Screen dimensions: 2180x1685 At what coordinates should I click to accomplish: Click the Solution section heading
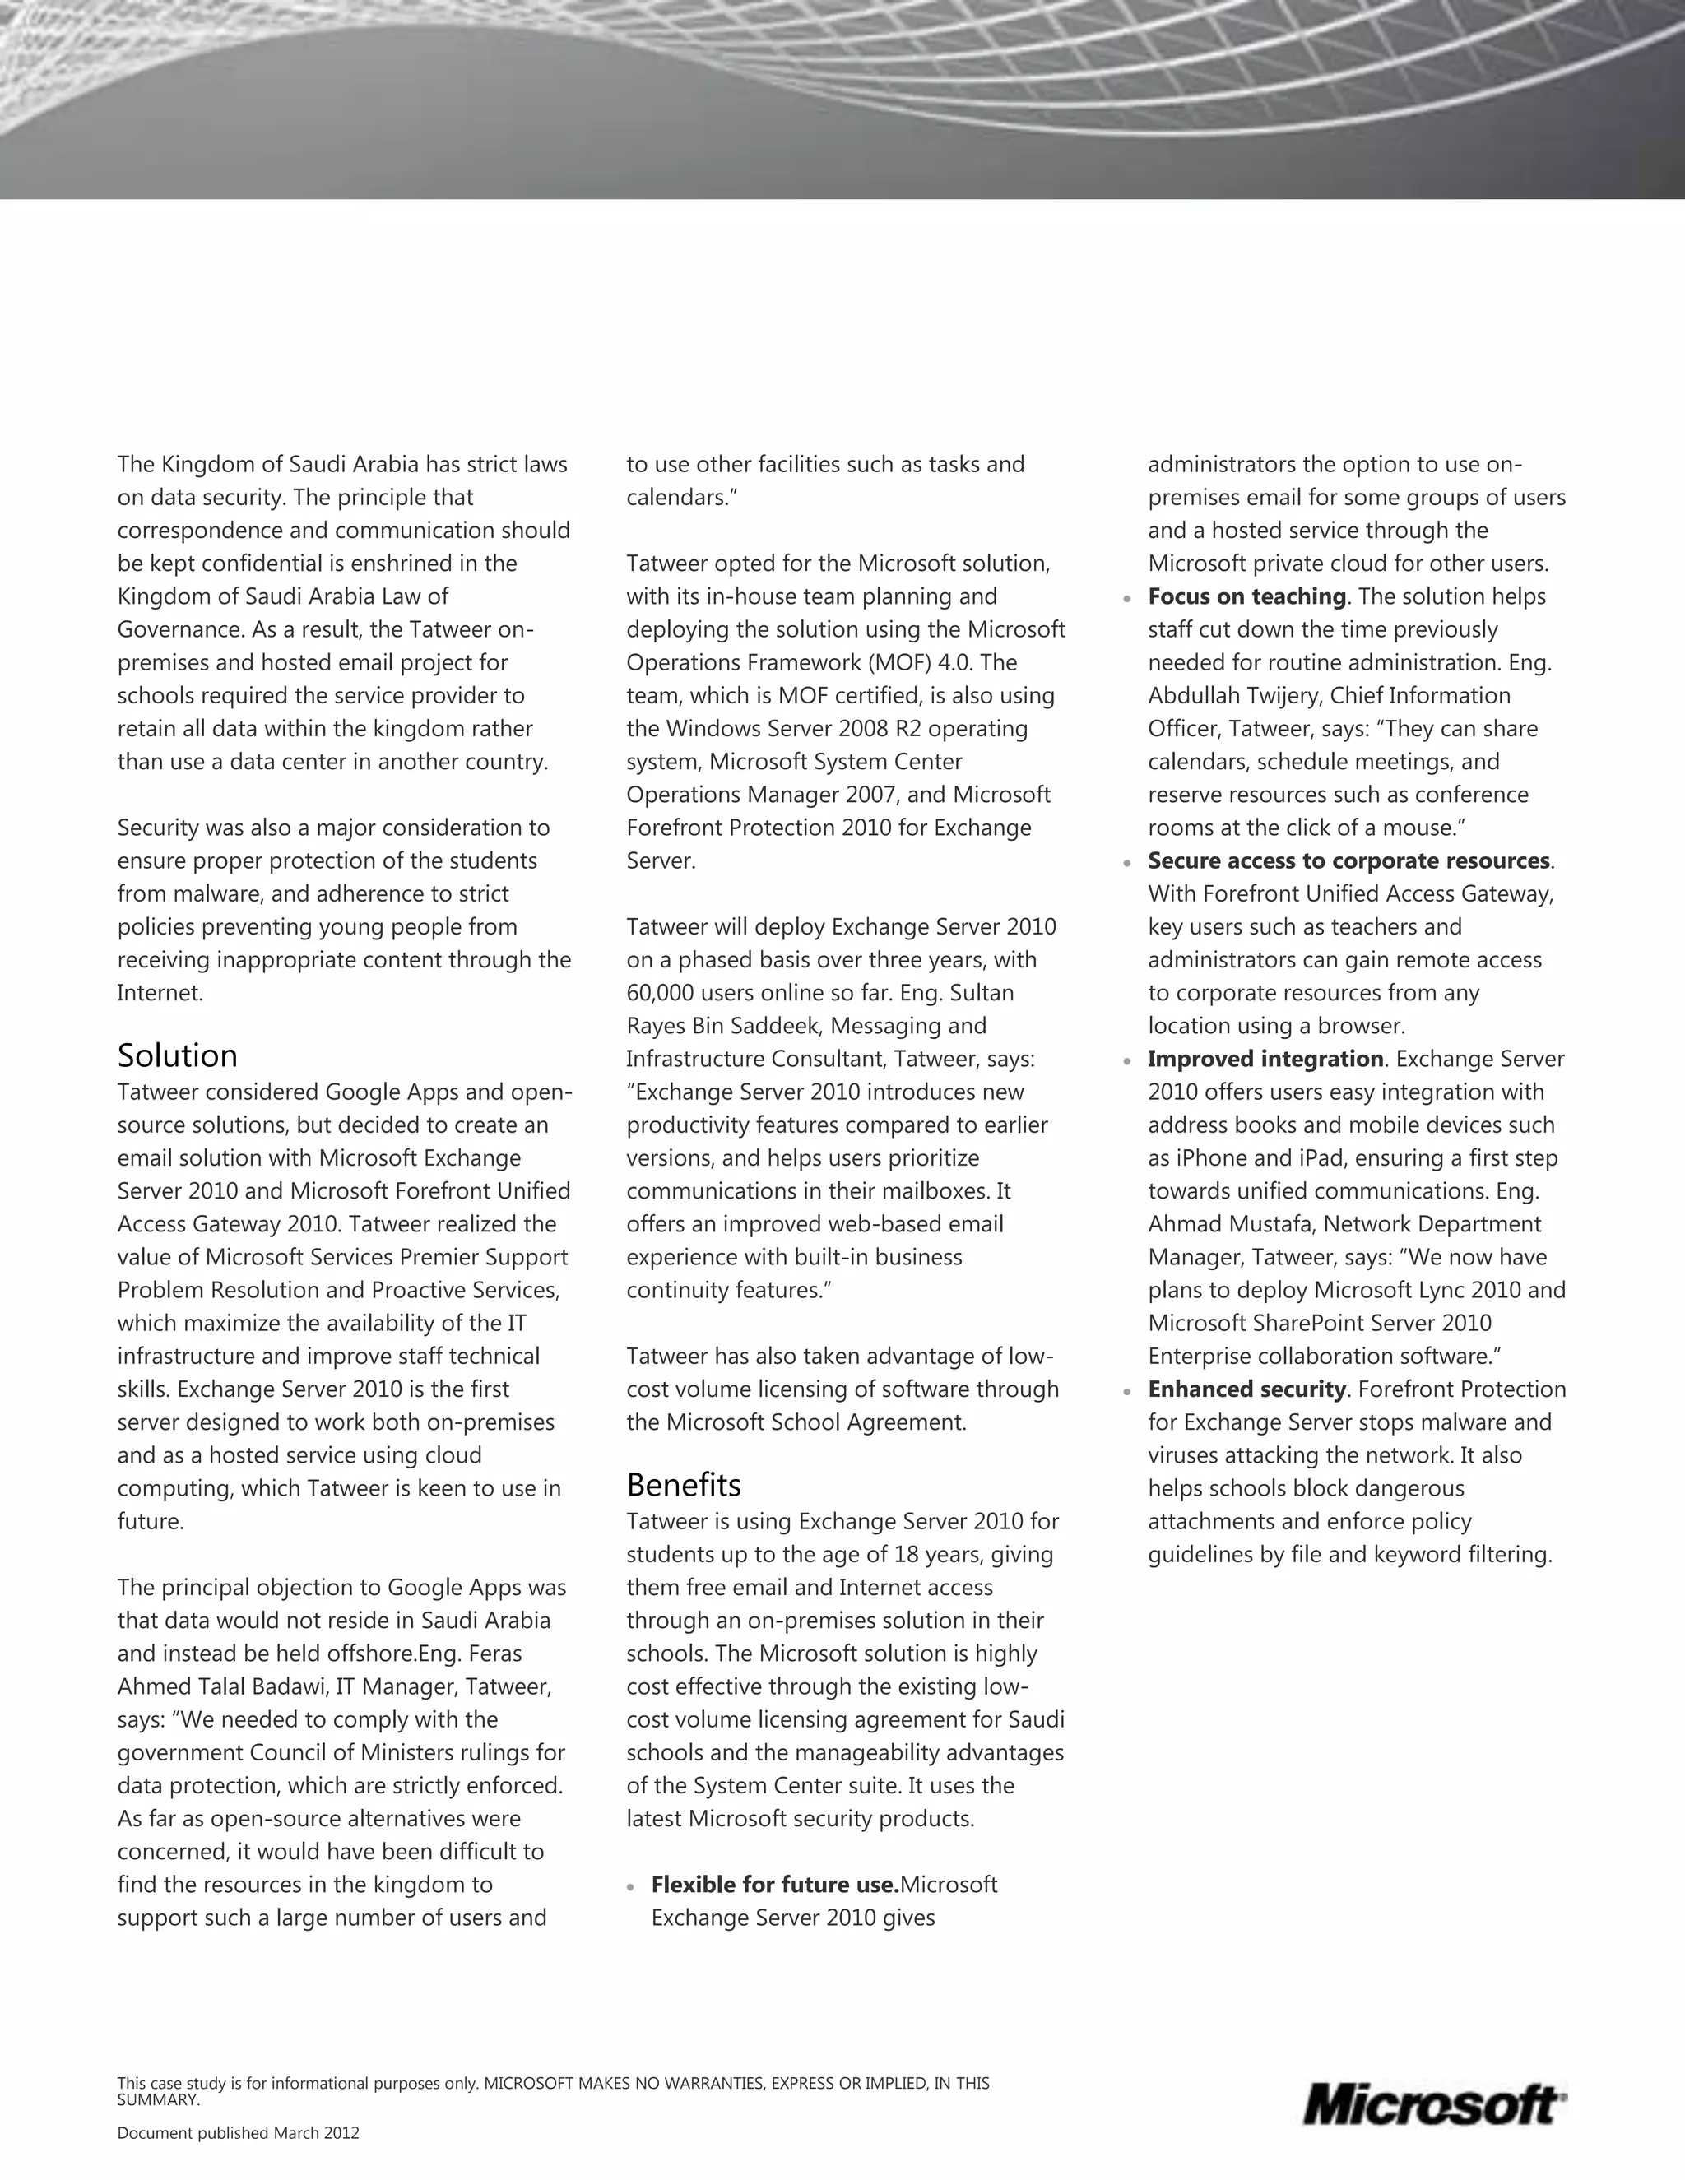click(178, 1056)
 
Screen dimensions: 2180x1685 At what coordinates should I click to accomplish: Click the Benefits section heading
click(684, 1485)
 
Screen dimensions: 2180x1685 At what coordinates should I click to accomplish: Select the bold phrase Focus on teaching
click(1246, 597)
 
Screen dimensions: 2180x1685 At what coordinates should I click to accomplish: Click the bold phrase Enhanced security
click(1246, 1389)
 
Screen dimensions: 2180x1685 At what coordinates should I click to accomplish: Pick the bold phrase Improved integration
click(1265, 1059)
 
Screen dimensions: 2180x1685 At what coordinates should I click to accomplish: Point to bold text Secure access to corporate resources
click(1348, 861)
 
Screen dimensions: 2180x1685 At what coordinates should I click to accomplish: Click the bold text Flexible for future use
click(774, 1885)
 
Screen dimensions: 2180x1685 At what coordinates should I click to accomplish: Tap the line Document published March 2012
click(238, 2133)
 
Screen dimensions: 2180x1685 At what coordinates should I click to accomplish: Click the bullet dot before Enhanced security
click(1126, 1391)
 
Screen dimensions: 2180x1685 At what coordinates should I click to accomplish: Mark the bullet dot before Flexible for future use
click(630, 1886)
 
